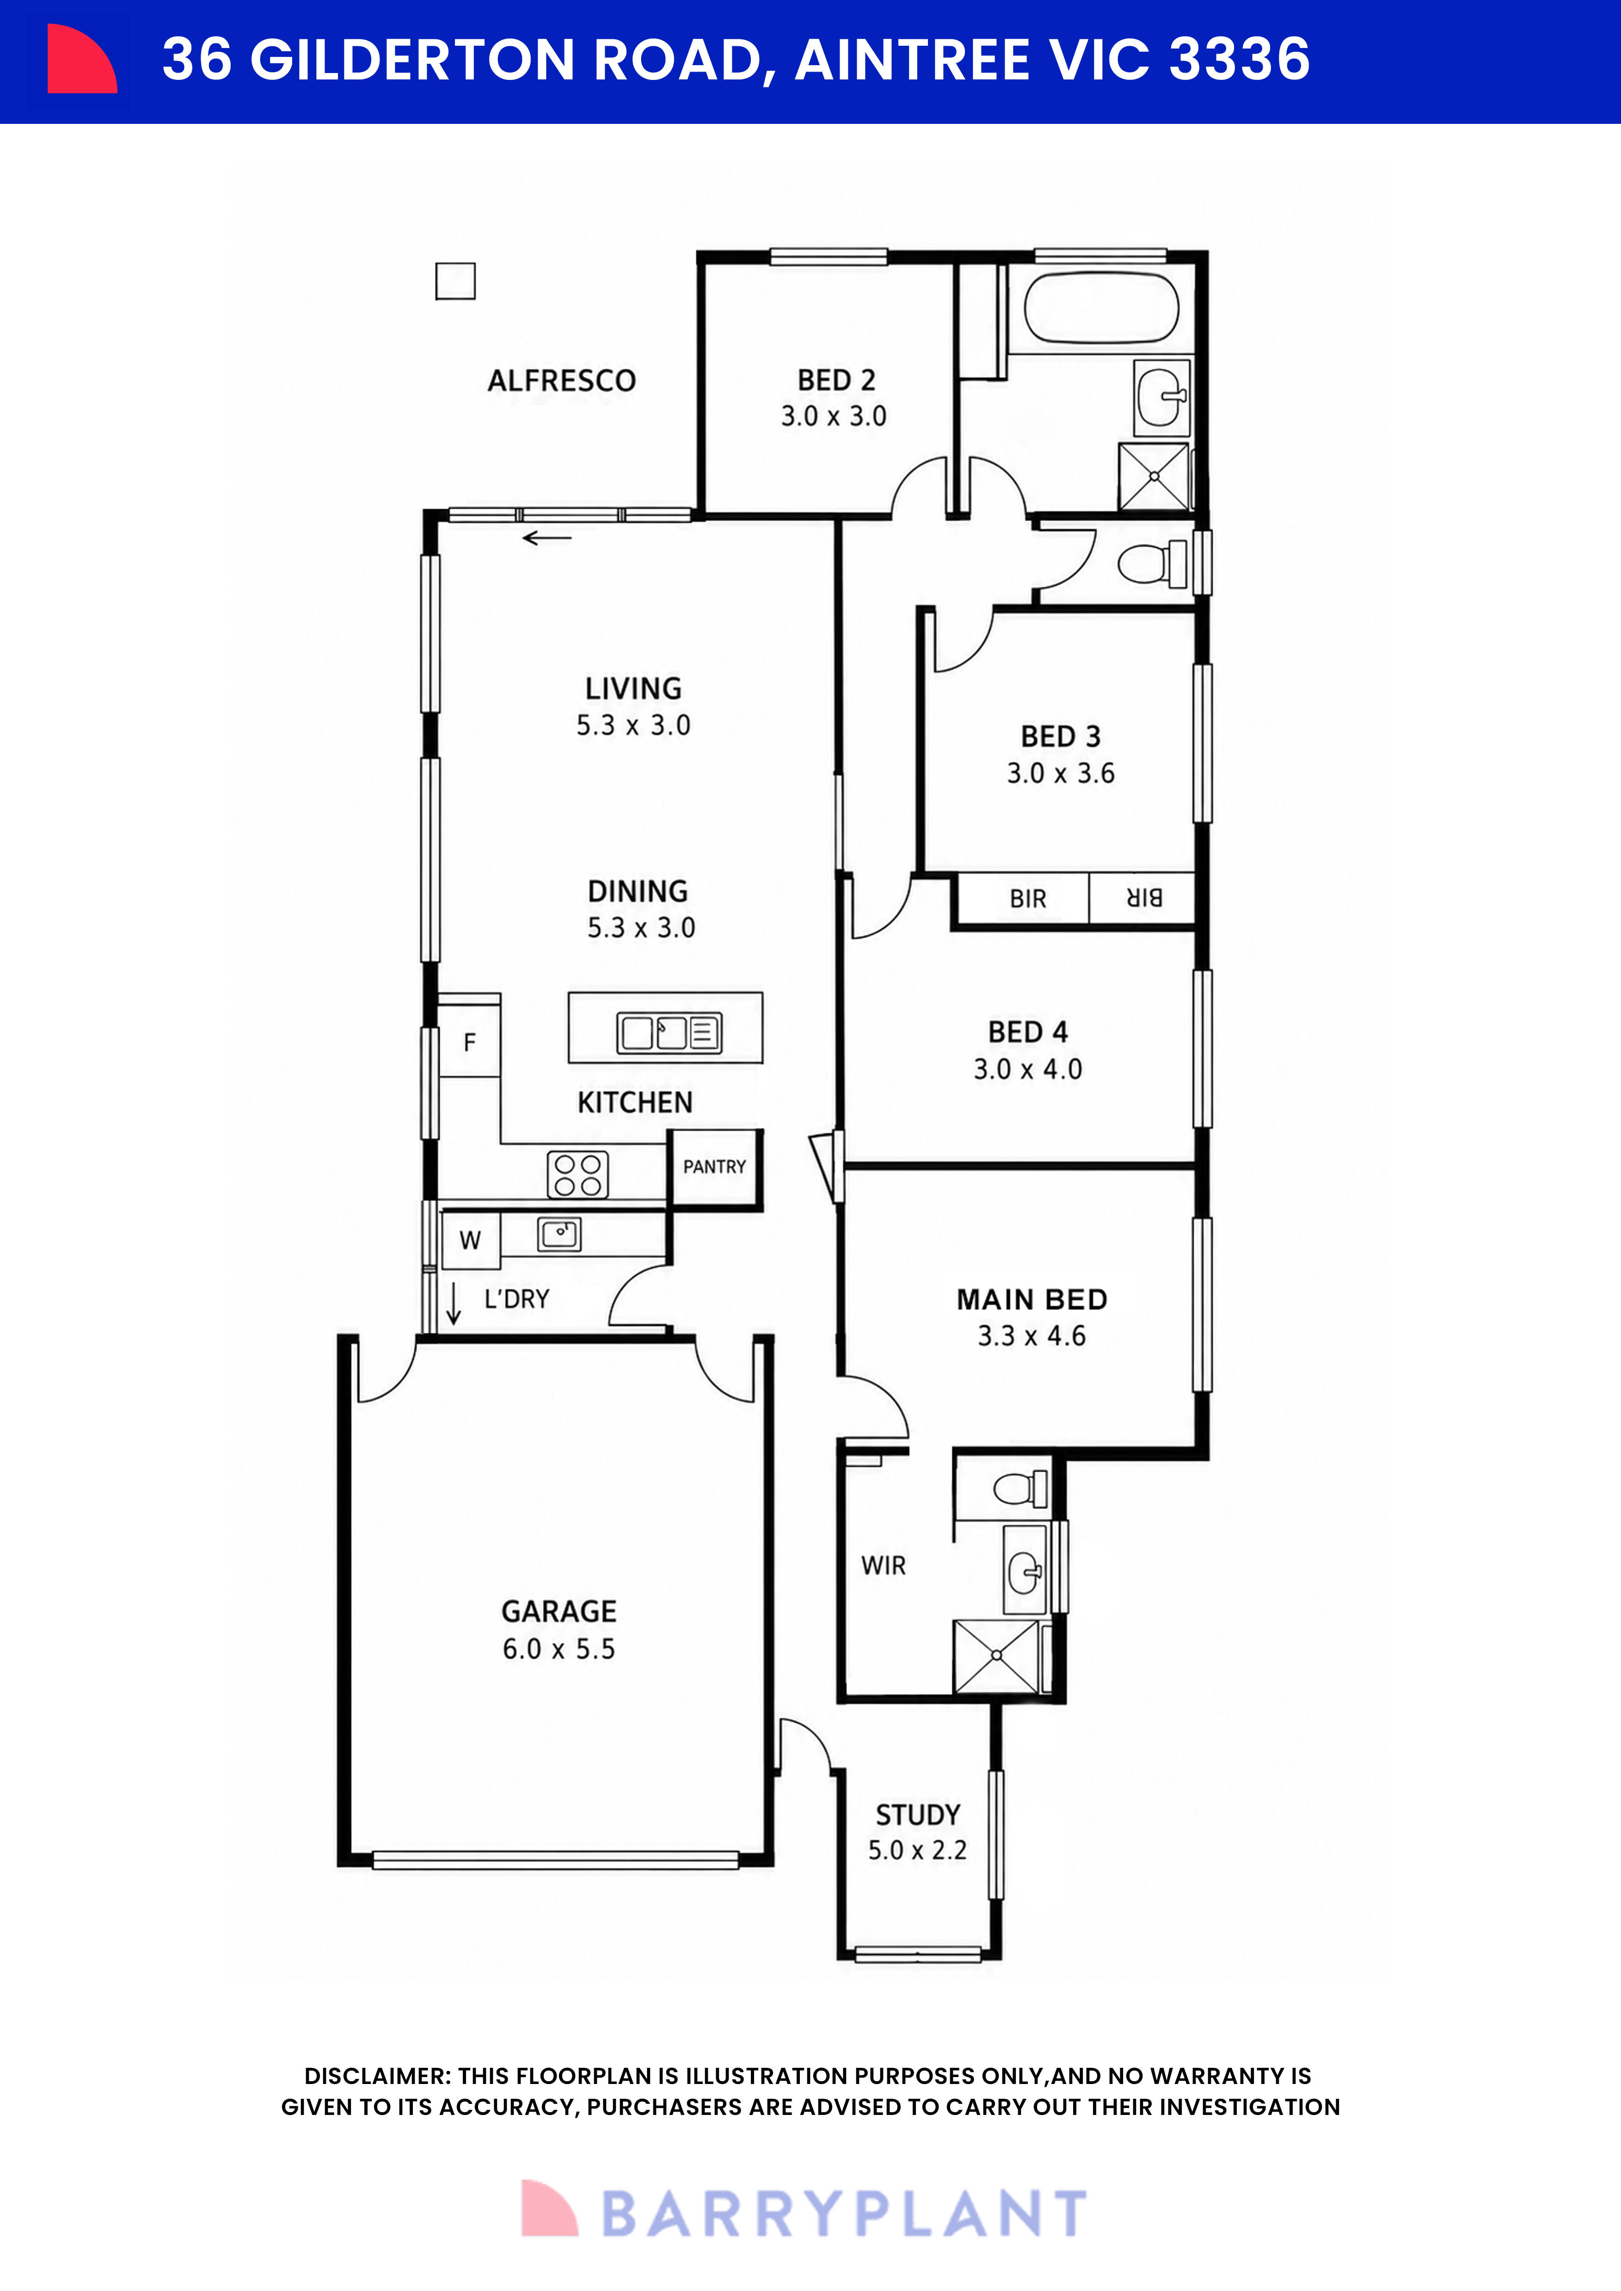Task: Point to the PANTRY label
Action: point(715,1166)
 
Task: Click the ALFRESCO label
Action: point(562,380)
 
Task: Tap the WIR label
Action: point(884,1566)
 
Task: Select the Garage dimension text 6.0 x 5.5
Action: point(559,1648)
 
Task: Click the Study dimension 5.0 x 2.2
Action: point(917,1850)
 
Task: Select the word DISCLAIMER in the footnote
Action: point(376,2077)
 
